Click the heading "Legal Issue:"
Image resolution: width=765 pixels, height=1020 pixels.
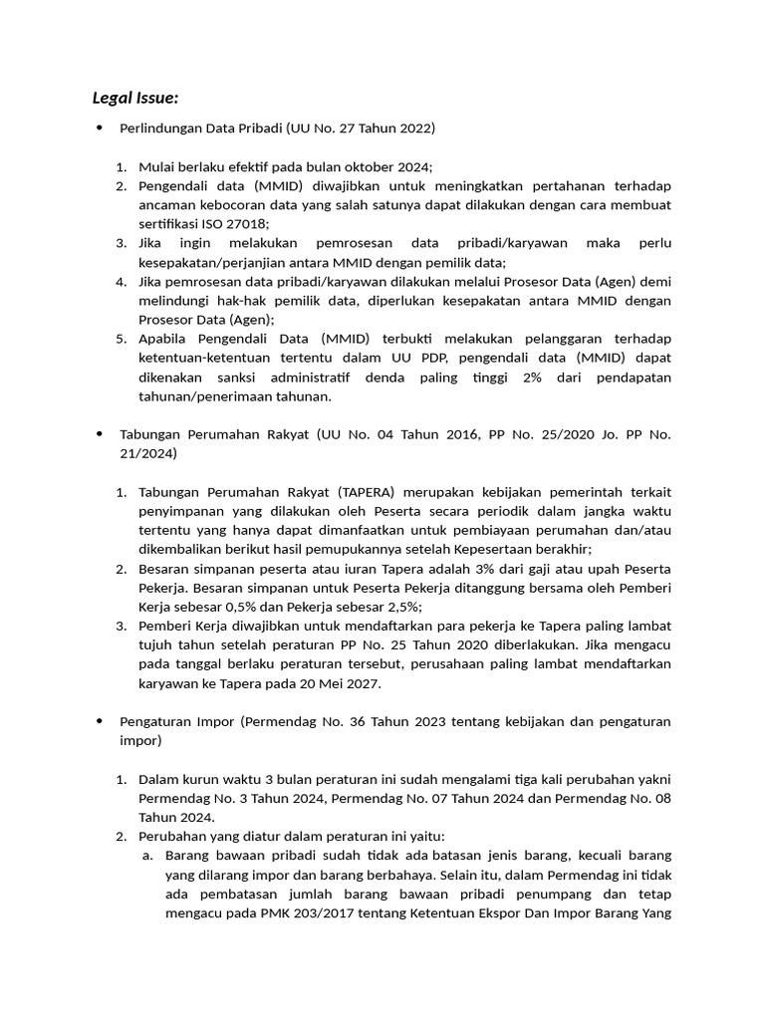[134, 98]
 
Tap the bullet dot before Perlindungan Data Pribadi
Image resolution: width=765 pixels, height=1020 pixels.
[99, 128]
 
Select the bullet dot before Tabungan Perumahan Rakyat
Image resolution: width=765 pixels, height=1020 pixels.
[99, 434]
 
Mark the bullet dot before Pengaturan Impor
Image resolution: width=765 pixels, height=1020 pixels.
[99, 720]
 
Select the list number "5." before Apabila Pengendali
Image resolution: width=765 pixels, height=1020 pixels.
[120, 339]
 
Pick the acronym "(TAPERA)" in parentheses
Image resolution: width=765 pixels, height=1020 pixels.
[368, 492]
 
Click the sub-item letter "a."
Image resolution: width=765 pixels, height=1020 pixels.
[146, 855]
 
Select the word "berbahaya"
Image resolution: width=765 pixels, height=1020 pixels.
[394, 874]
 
